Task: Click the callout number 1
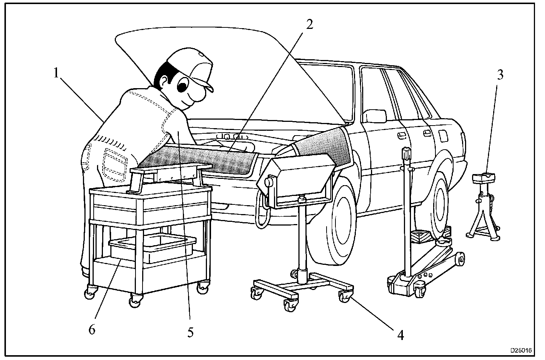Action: [56, 73]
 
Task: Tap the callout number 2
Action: [310, 24]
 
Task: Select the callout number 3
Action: [499, 75]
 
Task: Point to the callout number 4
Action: [400, 336]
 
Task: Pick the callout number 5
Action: [190, 332]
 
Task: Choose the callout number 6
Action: [92, 329]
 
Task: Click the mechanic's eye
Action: [183, 86]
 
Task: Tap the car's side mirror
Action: [375, 116]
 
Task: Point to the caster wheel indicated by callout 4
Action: [345, 296]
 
